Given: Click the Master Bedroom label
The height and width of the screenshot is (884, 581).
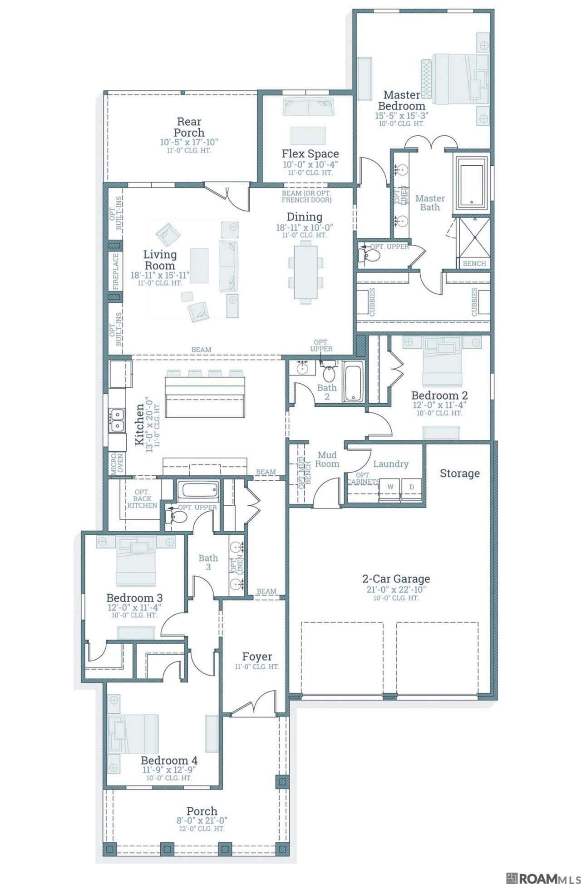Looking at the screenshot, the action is click(x=402, y=100).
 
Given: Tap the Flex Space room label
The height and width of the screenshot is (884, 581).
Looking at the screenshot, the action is click(x=310, y=153).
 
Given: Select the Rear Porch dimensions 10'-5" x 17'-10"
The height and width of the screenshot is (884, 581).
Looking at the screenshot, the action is click(x=189, y=143).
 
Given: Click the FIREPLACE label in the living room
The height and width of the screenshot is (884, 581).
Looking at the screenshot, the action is click(x=116, y=272).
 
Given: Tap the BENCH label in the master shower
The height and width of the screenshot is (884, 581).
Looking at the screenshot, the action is click(x=474, y=263).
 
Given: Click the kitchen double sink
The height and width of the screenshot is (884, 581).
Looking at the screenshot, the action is click(x=117, y=420).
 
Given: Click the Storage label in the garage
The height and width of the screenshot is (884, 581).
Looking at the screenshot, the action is click(x=460, y=474).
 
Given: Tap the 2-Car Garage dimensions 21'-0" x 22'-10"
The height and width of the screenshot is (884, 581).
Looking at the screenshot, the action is click(x=396, y=590).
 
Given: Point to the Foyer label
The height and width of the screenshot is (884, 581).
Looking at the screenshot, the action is click(x=257, y=657).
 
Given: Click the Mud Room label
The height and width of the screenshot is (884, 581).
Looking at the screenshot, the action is click(x=327, y=459).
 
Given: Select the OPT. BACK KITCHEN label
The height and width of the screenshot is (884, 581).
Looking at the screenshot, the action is click(x=142, y=499).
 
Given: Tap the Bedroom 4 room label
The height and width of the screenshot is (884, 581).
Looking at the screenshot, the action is click(x=169, y=760).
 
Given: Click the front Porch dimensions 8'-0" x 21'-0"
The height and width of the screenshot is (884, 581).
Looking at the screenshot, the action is click(x=202, y=820).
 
